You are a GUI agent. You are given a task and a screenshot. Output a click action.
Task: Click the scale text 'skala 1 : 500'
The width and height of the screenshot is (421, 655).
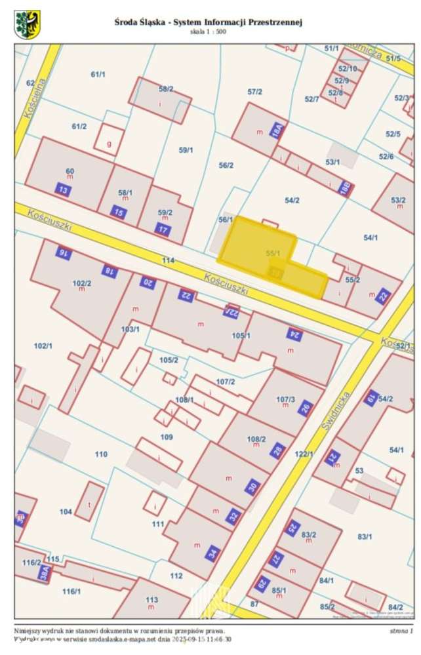(x=208, y=31)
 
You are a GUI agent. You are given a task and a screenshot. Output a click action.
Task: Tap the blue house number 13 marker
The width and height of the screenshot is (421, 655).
(x=64, y=190)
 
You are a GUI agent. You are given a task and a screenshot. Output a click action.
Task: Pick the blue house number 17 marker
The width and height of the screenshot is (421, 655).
(x=163, y=229)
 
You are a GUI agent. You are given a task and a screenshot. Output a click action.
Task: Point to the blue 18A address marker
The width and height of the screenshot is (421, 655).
(x=277, y=130)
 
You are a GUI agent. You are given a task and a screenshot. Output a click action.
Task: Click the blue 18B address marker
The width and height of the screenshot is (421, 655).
(x=346, y=188)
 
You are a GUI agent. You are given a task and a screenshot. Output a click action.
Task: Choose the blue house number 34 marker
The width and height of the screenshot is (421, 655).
(x=212, y=553)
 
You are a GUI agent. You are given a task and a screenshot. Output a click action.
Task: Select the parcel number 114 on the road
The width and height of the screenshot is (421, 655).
(x=169, y=260)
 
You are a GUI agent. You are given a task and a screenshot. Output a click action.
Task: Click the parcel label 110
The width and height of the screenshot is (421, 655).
(x=101, y=454)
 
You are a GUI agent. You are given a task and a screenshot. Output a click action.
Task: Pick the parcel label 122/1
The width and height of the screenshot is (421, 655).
(x=304, y=454)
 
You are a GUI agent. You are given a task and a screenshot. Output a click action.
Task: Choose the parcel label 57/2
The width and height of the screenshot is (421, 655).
(x=254, y=92)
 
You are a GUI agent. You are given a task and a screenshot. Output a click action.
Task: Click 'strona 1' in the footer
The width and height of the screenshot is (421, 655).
(x=401, y=631)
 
